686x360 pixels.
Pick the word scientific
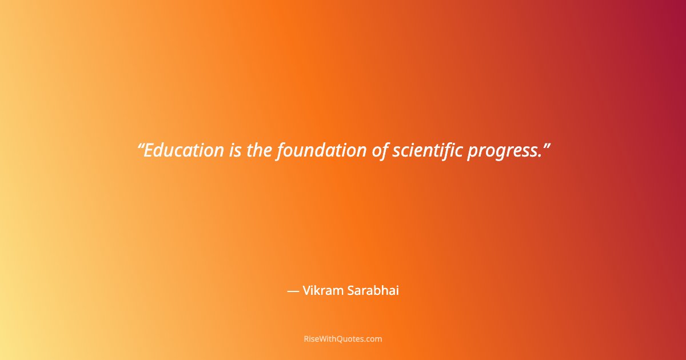(x=427, y=150)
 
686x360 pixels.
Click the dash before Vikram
(x=293, y=291)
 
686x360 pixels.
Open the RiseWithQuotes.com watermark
(x=343, y=339)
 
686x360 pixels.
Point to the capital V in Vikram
(x=306, y=290)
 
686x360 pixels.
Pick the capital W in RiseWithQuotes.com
(x=321, y=339)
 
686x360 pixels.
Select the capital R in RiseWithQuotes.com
(x=306, y=339)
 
